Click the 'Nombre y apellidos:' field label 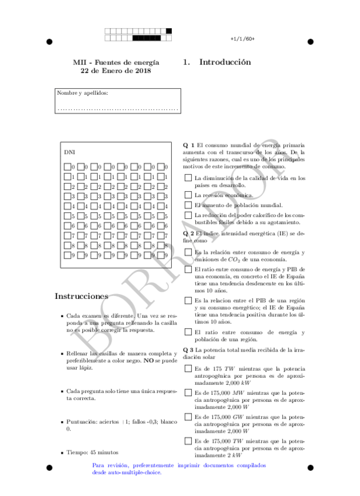pos(82,93)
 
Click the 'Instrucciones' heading pos(81,296)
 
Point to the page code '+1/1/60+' pos(243,39)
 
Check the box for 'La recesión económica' pos(188,194)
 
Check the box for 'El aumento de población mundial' pos(188,205)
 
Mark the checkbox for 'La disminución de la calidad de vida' pos(188,177)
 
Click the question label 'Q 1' pos(189,144)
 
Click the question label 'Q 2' pos(189,233)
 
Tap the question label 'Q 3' pos(189,350)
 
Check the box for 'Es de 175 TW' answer pos(188,368)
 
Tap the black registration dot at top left pos(49,42)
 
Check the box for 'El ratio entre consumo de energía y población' pos(188,332)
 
